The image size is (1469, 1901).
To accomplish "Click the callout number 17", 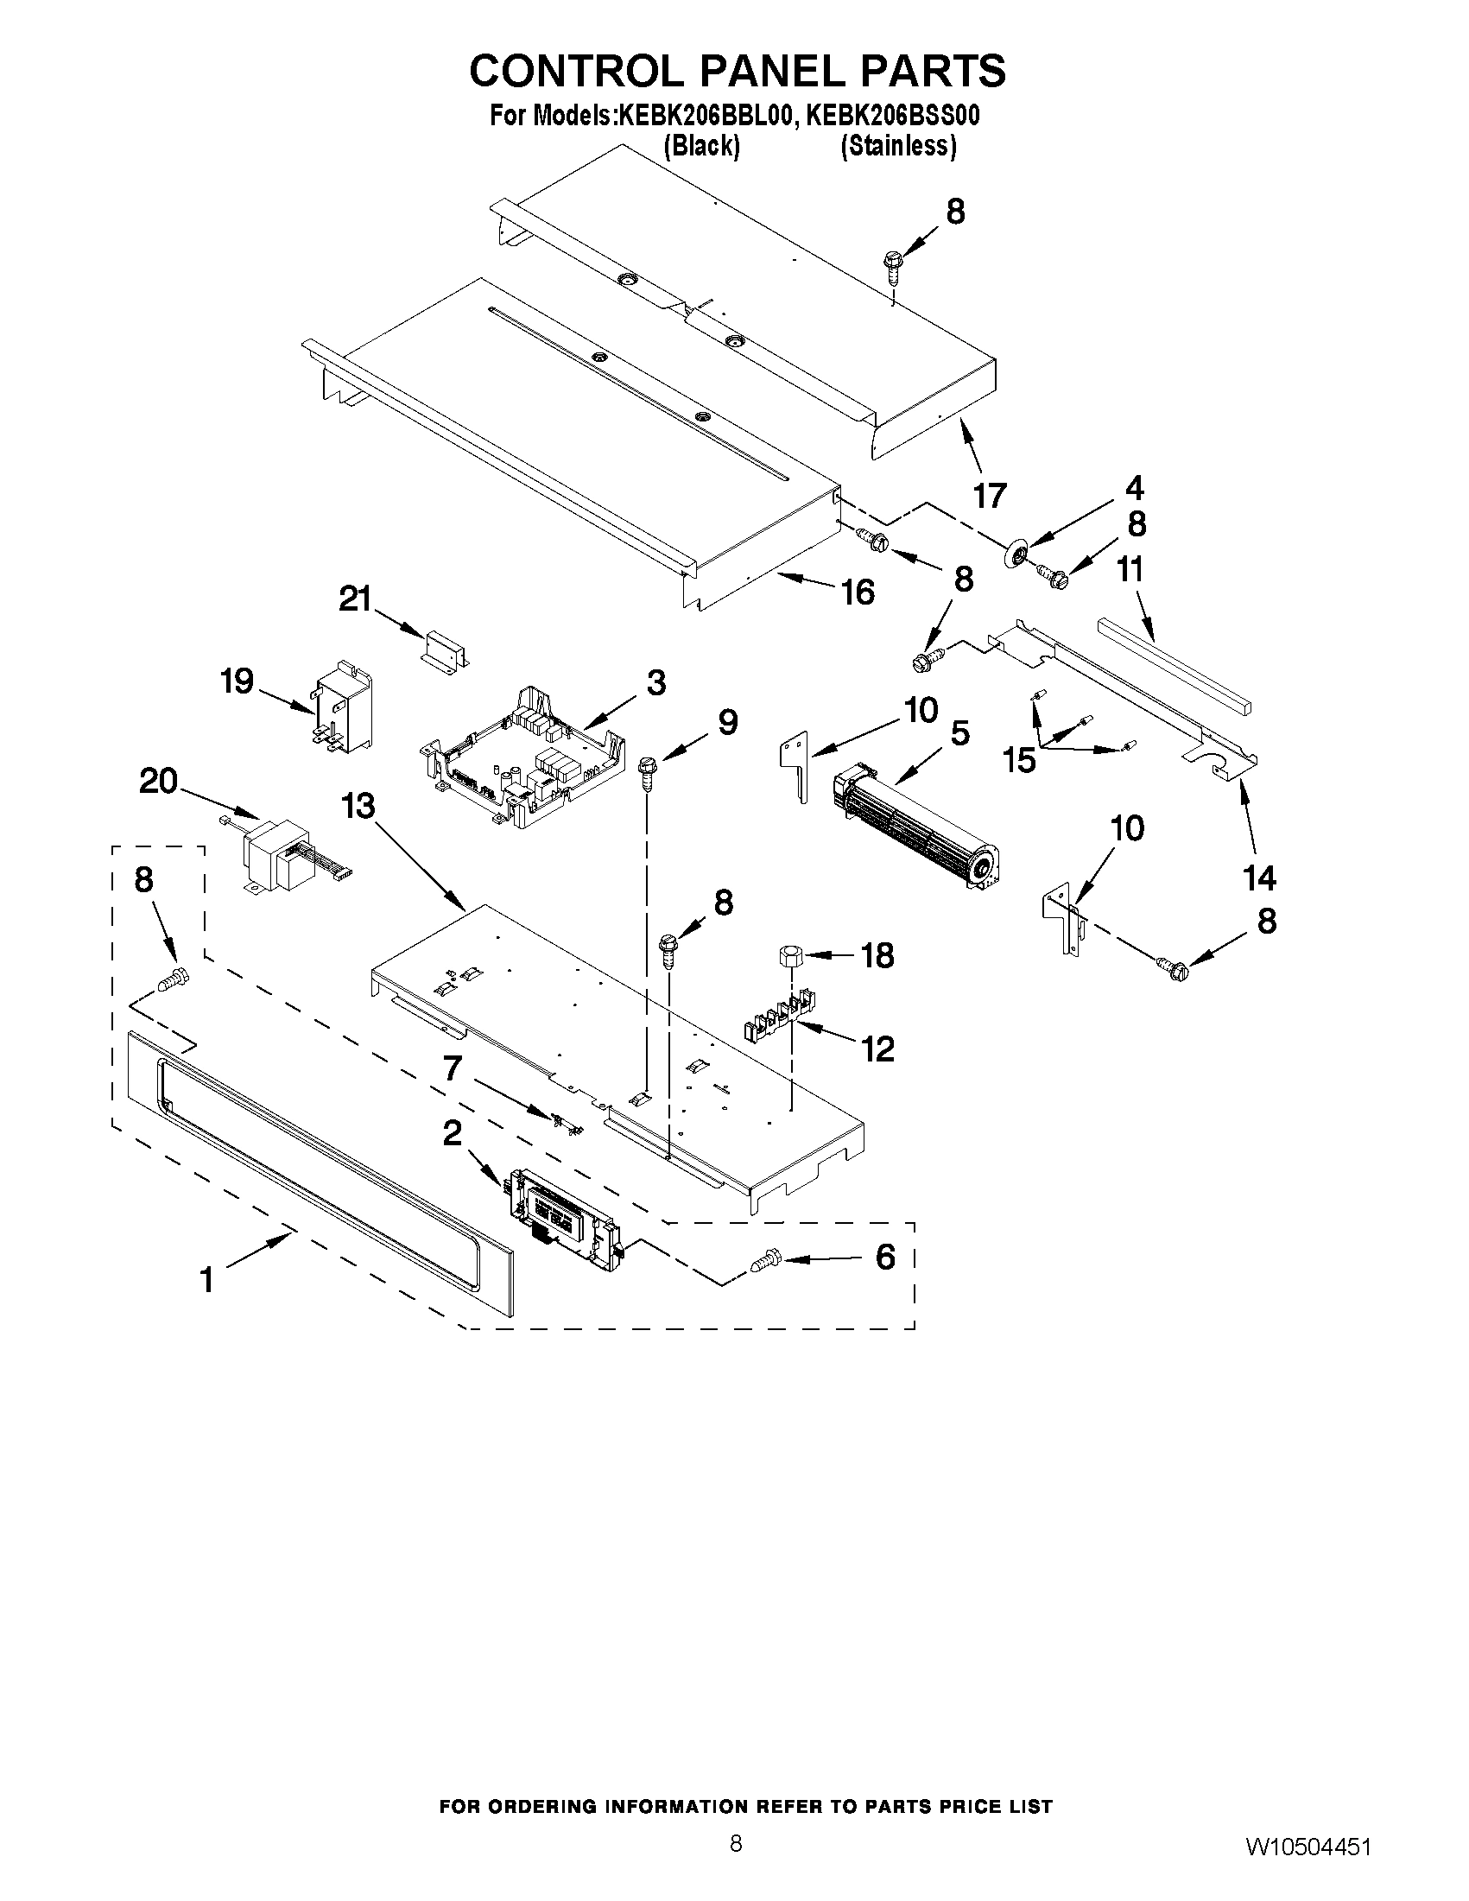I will [990, 495].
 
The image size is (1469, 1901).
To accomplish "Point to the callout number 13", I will [358, 807].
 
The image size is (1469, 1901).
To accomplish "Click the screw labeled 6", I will [763, 1259].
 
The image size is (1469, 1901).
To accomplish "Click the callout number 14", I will [1259, 878].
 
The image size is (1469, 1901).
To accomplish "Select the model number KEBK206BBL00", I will [705, 116].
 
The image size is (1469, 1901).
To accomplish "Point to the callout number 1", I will [207, 1280].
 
